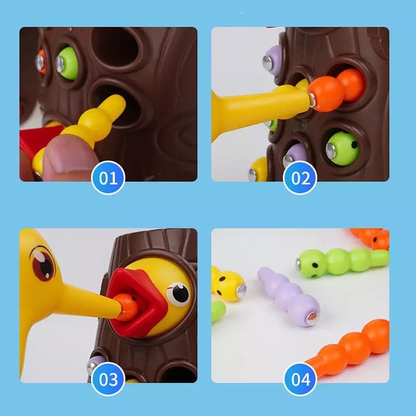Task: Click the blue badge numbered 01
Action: click(108, 177)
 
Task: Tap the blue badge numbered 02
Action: click(300, 177)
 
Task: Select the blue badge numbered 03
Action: click(108, 379)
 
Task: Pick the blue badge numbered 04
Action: click(300, 379)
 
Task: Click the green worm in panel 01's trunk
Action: click(68, 63)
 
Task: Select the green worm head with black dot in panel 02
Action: click(342, 149)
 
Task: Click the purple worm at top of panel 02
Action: click(272, 60)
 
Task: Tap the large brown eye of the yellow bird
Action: click(43, 264)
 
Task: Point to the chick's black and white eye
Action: click(178, 294)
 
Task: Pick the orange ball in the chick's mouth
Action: click(127, 307)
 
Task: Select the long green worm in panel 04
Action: click(342, 263)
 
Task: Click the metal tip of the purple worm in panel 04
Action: click(312, 318)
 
